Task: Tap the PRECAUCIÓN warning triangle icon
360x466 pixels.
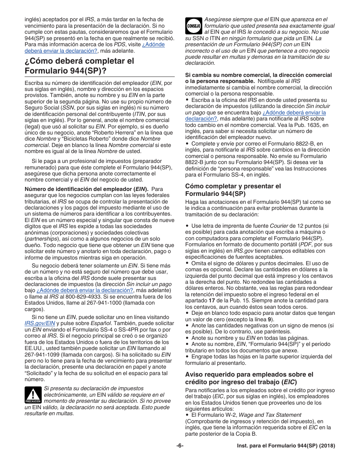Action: coord(33,395)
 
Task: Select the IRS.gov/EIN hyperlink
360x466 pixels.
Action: coord(40,323)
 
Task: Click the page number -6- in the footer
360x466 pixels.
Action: coord(180,446)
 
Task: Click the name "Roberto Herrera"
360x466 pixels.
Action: coord(122,133)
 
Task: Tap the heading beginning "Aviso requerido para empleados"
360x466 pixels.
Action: coord(249,378)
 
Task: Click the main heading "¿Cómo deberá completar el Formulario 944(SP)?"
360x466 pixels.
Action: coord(79,66)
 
